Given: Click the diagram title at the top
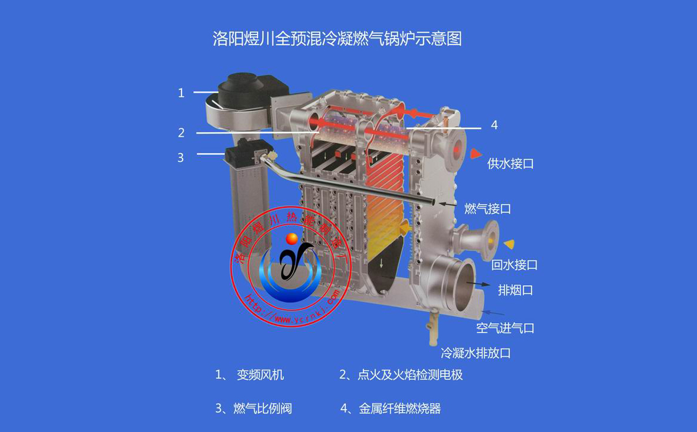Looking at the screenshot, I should click(337, 39).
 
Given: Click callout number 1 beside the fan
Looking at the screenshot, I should click(181, 93).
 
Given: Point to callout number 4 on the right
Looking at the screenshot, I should click(494, 125).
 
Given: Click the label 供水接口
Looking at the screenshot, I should click(510, 164).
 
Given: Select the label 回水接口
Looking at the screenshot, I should click(514, 265).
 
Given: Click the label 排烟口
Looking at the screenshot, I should click(515, 290).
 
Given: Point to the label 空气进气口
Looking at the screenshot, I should click(505, 328).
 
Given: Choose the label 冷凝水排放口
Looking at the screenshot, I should click(476, 353).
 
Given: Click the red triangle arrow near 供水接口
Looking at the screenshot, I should click(476, 153).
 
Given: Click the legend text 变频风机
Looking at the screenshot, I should click(260, 375).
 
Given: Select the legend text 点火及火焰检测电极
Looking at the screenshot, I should click(410, 375).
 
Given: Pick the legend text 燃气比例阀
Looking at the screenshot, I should click(262, 408).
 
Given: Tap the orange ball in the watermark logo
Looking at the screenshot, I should click(292, 238).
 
